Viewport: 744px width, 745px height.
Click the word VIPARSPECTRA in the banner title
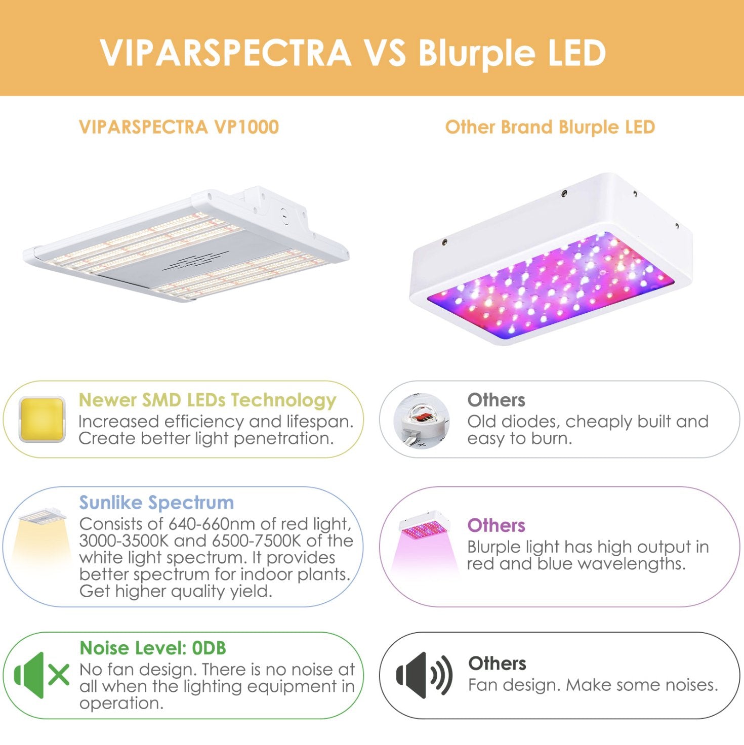(226, 53)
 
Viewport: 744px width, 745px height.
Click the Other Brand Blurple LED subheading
(550, 127)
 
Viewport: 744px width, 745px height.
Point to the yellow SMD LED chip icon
(42, 420)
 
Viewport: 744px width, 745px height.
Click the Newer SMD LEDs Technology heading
(208, 400)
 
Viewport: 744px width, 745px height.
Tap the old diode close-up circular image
(422, 421)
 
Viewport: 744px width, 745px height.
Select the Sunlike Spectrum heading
(156, 503)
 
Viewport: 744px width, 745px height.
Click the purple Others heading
(496, 525)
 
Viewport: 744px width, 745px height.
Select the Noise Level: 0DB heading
(153, 648)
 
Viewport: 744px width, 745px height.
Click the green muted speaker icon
(42, 675)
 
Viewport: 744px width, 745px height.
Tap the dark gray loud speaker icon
(424, 675)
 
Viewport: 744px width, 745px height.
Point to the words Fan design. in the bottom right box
(514, 685)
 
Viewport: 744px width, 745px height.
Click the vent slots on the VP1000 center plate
(195, 262)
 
